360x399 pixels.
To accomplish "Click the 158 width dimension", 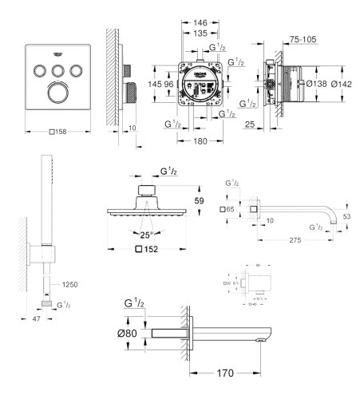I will [x=59, y=132].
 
